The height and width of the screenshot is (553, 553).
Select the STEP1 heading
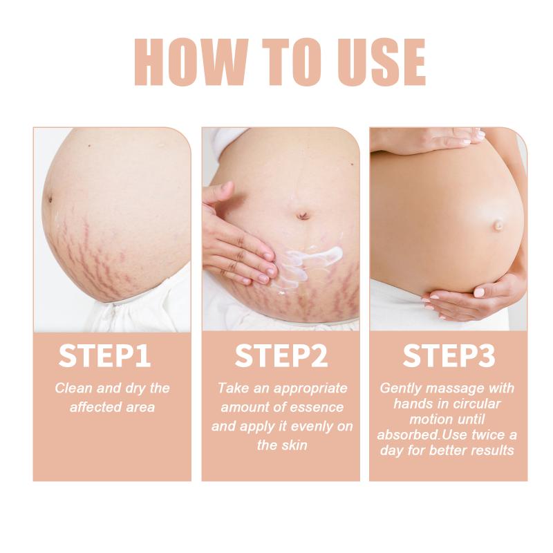[105, 356]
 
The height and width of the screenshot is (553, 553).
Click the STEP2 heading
[281, 356]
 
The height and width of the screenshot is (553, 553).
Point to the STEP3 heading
[449, 356]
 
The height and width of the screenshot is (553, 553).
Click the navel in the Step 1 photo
[50, 200]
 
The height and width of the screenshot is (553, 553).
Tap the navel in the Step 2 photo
[303, 215]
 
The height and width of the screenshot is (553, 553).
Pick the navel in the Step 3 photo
[498, 224]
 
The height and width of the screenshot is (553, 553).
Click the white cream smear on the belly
[310, 261]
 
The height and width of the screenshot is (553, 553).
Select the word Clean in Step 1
[74, 388]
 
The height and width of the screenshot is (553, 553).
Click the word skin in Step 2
[295, 445]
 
